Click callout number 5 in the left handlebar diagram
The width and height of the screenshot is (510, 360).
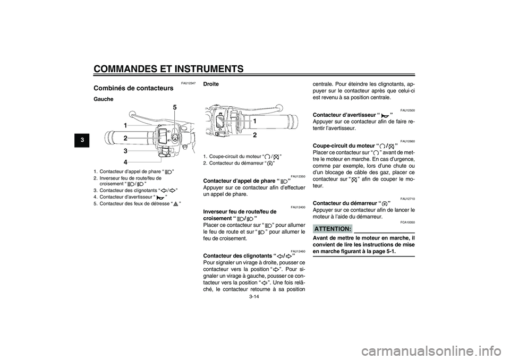[174, 108]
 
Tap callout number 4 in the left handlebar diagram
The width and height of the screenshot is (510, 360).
[125, 161]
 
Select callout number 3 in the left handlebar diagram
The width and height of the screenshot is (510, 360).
[125, 151]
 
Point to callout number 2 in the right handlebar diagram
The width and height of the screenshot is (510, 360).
[254, 135]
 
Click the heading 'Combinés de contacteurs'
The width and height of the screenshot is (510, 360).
[133, 88]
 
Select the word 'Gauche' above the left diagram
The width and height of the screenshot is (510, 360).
[104, 99]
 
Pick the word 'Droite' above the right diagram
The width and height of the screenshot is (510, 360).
[211, 84]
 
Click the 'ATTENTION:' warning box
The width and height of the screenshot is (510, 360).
[333, 228]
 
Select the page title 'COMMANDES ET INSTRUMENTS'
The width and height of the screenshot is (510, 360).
[168, 68]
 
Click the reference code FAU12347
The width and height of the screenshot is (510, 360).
[189, 83]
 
